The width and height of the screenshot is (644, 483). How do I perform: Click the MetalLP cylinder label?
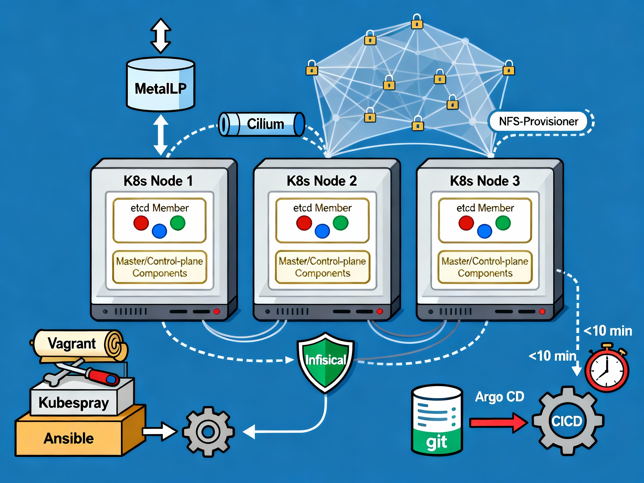(160, 88)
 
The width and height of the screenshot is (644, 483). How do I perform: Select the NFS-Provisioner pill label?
(538, 121)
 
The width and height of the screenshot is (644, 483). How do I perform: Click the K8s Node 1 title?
(158, 181)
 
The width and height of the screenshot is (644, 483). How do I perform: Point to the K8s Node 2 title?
(321, 181)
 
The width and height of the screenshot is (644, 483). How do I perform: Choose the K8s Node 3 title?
(485, 181)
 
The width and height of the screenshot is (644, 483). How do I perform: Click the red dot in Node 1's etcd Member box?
(141, 223)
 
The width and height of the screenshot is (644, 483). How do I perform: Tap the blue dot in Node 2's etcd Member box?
(322, 231)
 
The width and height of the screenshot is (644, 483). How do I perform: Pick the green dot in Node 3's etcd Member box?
(503, 223)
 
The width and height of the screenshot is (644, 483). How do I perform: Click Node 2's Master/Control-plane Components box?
(322, 267)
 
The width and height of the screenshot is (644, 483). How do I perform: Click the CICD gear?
(567, 421)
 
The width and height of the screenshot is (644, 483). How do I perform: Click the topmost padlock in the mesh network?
(417, 22)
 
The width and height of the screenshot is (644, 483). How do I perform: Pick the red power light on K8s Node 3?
(542, 312)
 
